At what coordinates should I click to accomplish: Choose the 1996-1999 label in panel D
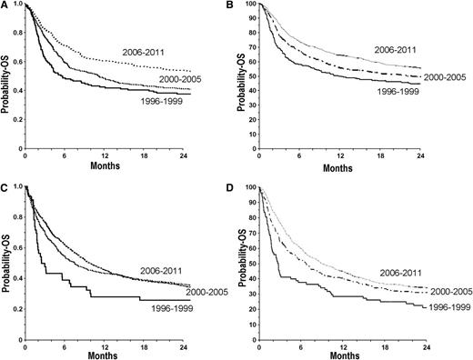(428, 309)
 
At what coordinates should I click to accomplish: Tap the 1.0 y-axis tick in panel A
(19, 6)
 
